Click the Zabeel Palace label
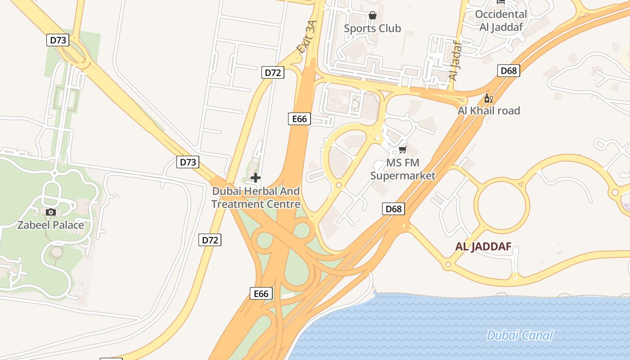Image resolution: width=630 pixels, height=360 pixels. [x=50, y=225]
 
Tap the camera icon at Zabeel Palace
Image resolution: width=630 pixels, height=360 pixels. [x=51, y=212]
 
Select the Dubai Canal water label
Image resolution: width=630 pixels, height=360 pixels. [x=520, y=335]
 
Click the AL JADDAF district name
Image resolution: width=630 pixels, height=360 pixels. [x=483, y=247]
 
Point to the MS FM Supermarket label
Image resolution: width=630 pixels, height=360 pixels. [x=403, y=169]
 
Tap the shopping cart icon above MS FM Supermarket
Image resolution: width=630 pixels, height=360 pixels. [x=403, y=149]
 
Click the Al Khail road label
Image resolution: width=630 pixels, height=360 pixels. [x=489, y=111]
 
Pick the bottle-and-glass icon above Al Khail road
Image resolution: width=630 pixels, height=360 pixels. [x=488, y=98]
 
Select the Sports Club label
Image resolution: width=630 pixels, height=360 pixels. [x=372, y=28]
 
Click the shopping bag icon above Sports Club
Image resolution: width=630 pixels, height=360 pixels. [x=373, y=15]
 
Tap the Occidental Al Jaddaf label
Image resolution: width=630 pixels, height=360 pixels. [x=501, y=21]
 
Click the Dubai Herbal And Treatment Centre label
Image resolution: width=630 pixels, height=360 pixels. [x=256, y=198]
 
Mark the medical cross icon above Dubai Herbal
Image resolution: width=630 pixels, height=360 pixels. [x=256, y=178]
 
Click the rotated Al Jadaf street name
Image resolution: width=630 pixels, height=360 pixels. [x=456, y=61]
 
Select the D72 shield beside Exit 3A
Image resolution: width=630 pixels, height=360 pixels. [x=273, y=72]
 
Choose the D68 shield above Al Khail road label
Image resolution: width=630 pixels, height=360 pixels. [x=508, y=71]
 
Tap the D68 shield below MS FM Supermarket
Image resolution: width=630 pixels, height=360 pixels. [x=393, y=209]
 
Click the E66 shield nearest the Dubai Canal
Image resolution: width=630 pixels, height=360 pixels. [x=261, y=294]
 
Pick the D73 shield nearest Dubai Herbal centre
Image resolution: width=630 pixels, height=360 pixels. [x=188, y=162]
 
